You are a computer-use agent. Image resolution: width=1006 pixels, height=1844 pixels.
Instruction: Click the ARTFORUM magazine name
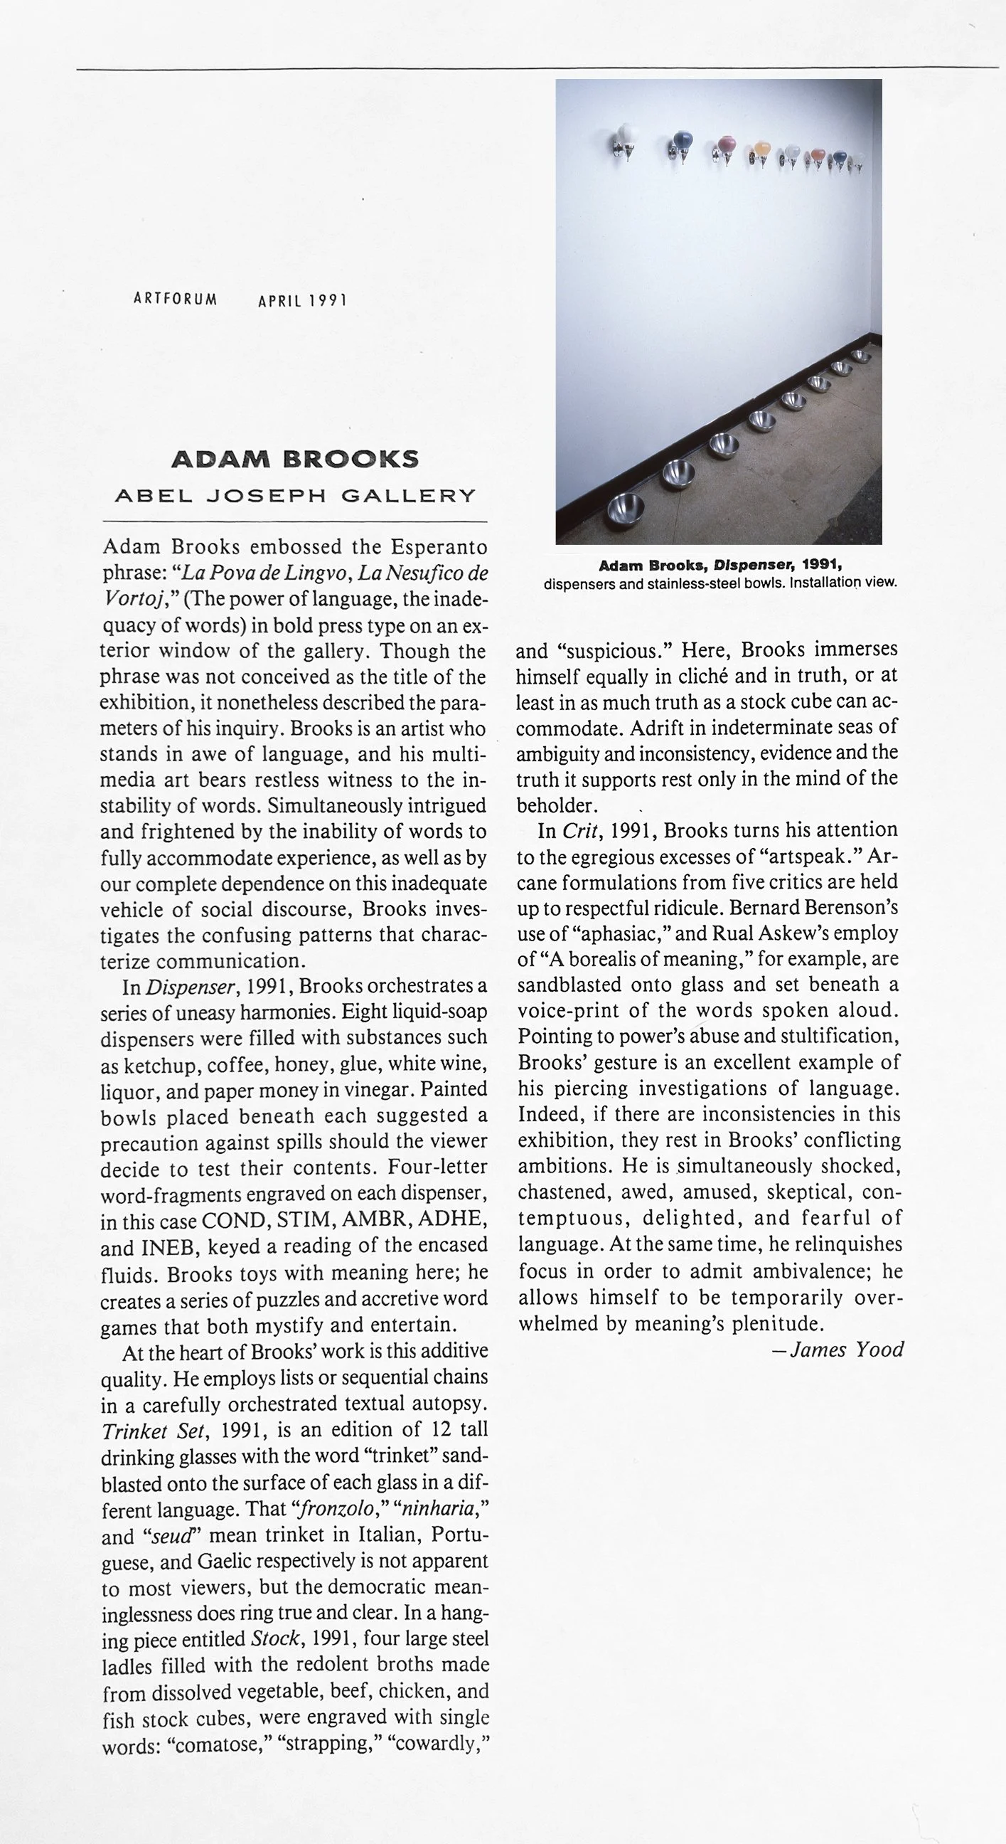[175, 300]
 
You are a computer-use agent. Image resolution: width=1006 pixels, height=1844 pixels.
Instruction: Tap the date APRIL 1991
[302, 301]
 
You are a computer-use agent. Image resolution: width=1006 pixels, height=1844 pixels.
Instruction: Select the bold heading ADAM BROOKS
[295, 460]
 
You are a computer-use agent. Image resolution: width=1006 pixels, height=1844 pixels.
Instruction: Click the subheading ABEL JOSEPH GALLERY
[295, 495]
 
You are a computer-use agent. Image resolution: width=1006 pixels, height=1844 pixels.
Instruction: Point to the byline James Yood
[847, 1350]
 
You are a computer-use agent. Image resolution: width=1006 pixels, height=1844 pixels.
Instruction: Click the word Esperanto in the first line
[439, 548]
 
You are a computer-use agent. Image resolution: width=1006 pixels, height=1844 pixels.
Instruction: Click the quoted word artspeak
[810, 856]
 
